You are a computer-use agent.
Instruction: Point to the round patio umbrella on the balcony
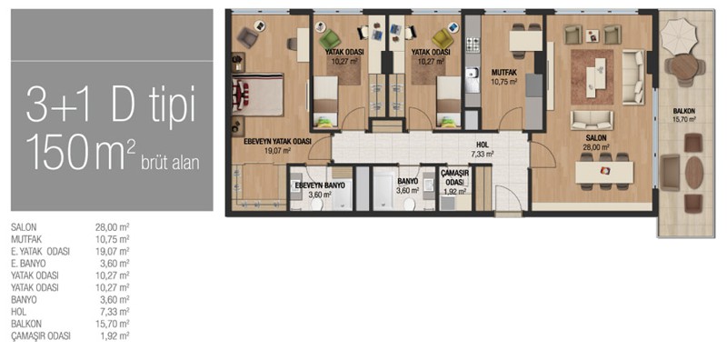coord(678,35)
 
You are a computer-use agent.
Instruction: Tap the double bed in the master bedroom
coord(258,95)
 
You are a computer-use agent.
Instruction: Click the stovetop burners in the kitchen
coord(473,45)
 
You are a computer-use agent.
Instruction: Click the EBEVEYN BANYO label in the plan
coord(320,185)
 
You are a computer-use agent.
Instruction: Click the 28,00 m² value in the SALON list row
coord(112,227)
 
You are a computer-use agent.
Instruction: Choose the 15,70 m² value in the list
coord(112,324)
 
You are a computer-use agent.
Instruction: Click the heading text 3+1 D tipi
coord(111,104)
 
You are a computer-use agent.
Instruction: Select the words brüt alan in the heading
coord(170,164)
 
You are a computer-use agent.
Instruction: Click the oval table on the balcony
coord(694,173)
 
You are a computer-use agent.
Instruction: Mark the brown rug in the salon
coord(593,76)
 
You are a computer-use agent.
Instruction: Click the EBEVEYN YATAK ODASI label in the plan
coord(277,142)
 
